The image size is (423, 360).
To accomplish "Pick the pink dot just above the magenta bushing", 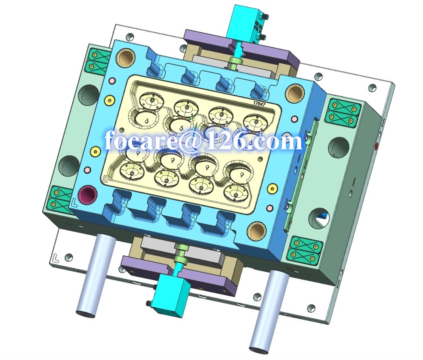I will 86,169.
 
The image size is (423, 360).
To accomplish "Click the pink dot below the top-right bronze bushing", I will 295,118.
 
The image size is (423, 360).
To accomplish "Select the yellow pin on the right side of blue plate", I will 271,188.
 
